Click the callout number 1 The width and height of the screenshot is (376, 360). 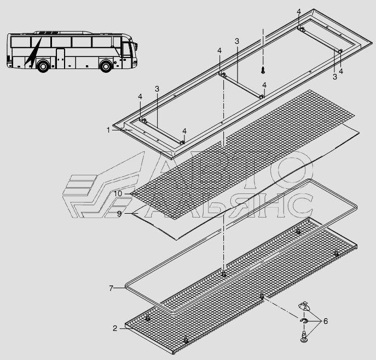point(108,130)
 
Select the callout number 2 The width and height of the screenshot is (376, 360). point(115,328)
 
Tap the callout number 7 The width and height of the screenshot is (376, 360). point(111,288)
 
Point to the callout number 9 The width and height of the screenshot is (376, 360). point(119,214)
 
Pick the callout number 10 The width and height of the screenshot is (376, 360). point(118,193)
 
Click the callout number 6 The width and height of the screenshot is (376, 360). point(326,321)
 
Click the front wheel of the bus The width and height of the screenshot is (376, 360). point(106,66)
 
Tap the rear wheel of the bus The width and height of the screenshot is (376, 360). point(43,66)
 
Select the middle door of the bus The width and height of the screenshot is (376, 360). point(60,58)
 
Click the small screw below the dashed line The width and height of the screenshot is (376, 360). point(263,70)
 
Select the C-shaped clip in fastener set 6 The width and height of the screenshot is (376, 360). point(304,321)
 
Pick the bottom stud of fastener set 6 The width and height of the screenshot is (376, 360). point(304,336)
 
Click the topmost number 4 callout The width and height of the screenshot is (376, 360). point(298,12)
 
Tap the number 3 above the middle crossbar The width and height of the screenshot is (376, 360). point(237,41)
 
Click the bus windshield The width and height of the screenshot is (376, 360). point(126,50)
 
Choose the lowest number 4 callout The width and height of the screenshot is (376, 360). point(184,131)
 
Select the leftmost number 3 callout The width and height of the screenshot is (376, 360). point(157,89)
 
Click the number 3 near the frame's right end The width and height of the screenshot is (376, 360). point(335,77)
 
